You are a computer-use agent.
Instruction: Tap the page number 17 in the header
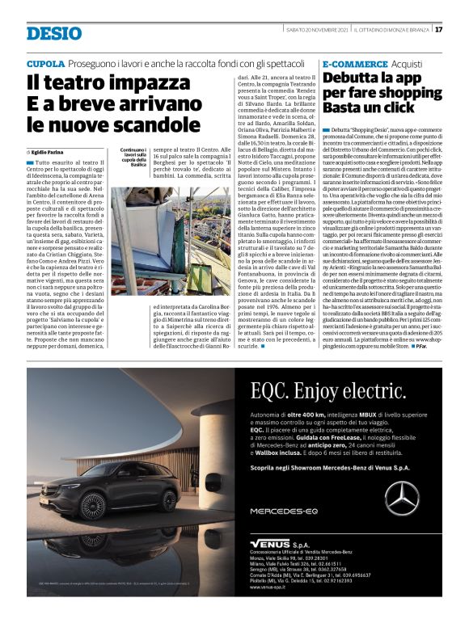pyautogui.click(x=438, y=30)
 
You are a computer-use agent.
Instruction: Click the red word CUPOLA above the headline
pyautogui.click(x=45, y=63)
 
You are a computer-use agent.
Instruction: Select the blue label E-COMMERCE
pyautogui.click(x=354, y=63)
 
